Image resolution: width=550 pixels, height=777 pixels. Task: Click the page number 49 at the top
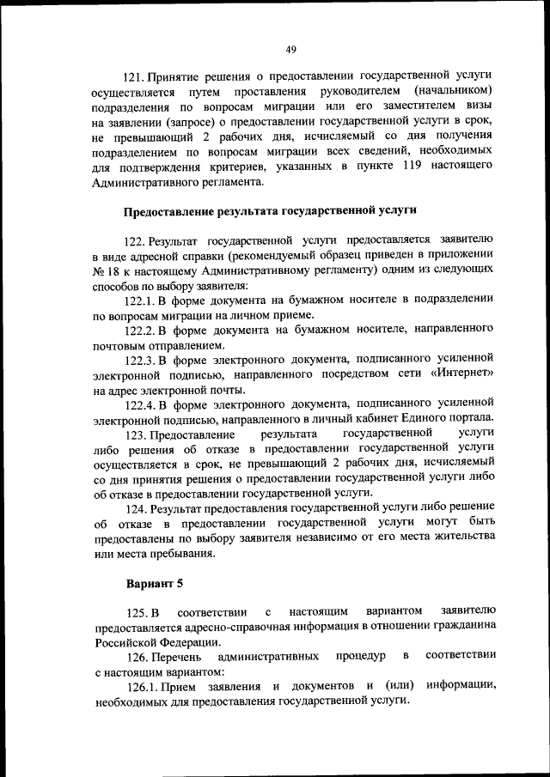point(291,49)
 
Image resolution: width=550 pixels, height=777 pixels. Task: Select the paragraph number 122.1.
point(139,300)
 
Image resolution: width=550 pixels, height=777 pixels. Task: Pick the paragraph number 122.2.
point(139,330)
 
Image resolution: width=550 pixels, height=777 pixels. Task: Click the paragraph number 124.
point(138,508)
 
